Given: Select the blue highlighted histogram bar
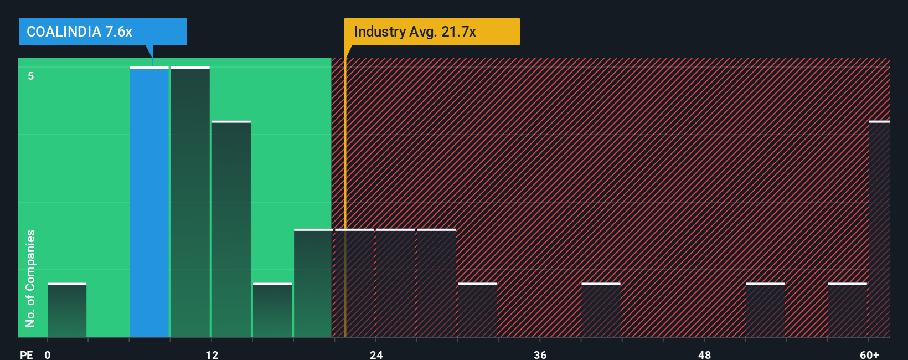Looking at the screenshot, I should click(149, 202).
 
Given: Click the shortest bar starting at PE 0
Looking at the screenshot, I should click(67, 310).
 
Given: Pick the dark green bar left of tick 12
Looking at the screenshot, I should click(190, 202).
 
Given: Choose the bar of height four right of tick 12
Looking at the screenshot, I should click(231, 229).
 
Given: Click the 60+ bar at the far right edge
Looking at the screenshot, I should click(879, 229).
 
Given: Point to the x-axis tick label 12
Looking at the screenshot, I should click(211, 354).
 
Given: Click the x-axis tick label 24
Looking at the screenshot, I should click(376, 354).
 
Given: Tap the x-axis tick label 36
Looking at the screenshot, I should click(540, 354).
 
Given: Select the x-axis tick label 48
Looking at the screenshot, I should click(704, 354).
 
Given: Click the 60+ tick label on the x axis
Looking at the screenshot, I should click(869, 354).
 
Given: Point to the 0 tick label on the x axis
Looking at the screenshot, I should click(48, 354).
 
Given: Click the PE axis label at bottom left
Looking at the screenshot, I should click(26, 354).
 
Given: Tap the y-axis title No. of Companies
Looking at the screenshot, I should click(30, 278).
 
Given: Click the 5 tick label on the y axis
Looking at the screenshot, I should click(31, 76).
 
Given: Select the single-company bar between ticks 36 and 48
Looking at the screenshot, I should click(601, 310).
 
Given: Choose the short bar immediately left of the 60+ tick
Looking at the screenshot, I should click(847, 310).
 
